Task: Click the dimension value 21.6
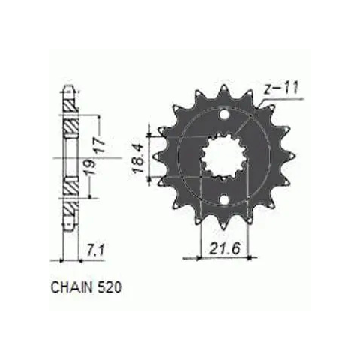[225, 248]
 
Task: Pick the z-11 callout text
[280, 89]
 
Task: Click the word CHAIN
[71, 287]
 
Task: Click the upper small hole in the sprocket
[224, 115]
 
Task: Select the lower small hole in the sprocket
[224, 199]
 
